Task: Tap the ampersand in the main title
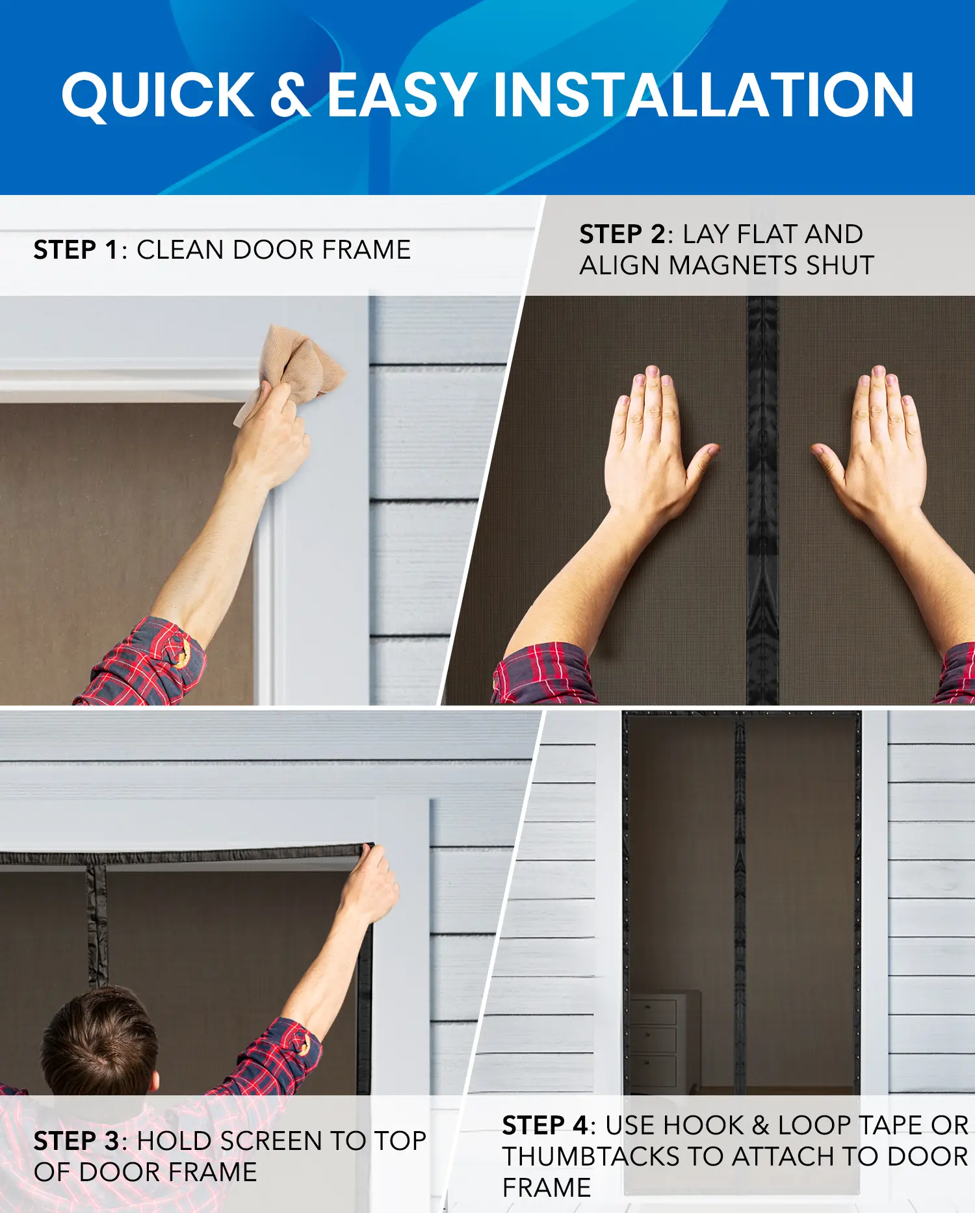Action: (x=290, y=96)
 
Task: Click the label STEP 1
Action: (x=76, y=250)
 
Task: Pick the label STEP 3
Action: (x=77, y=1141)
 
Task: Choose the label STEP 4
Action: (x=545, y=1125)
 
